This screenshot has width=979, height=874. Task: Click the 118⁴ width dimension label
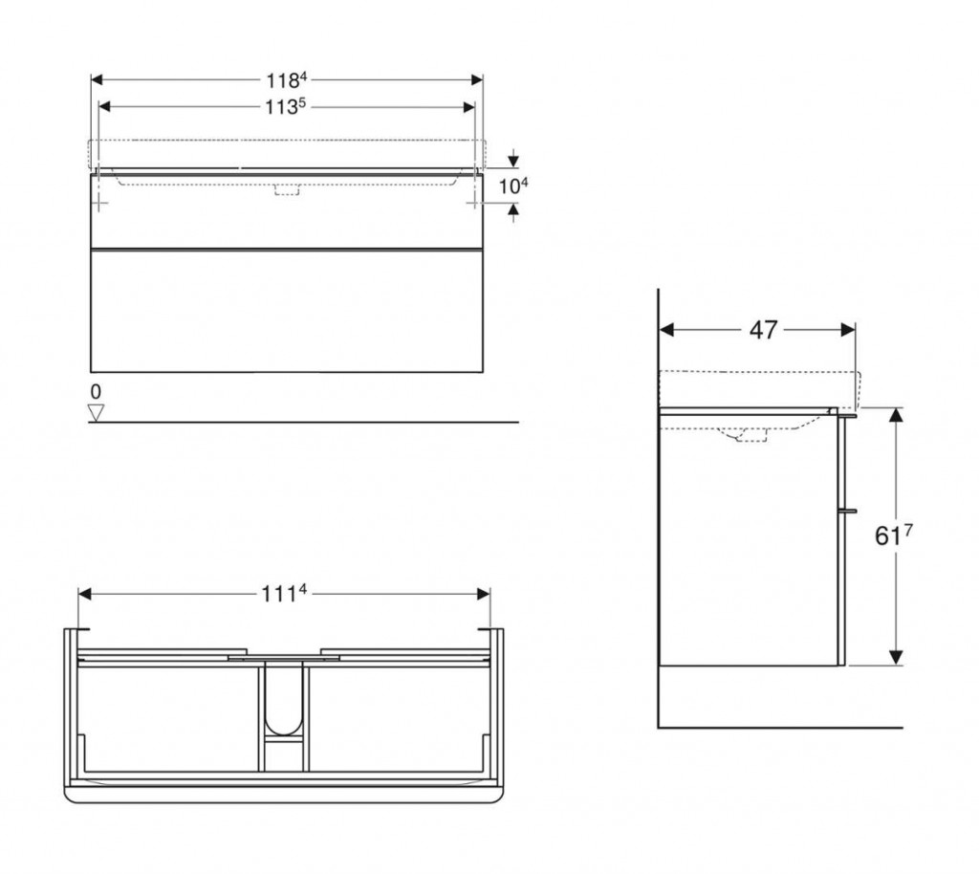287,80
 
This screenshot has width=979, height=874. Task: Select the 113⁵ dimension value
287,107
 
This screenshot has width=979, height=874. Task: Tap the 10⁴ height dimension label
513,186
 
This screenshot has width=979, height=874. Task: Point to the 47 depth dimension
762,330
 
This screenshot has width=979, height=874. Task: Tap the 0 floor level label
95,392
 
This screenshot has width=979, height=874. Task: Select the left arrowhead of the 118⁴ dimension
98,80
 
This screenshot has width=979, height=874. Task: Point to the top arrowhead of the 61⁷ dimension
896,415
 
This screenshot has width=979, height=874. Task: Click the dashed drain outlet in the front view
287,189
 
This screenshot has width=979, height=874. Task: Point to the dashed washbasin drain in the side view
751,437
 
